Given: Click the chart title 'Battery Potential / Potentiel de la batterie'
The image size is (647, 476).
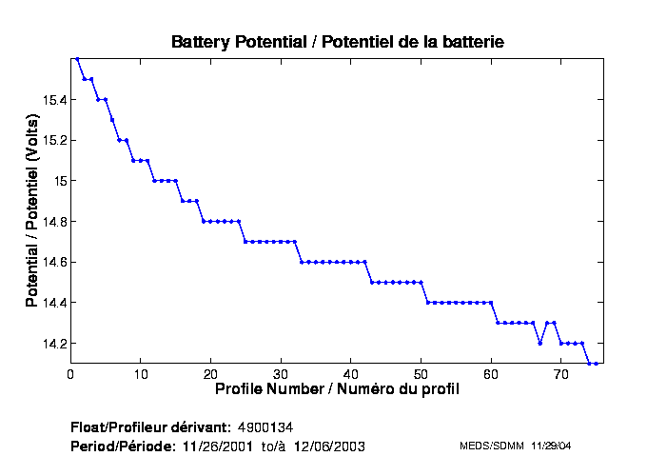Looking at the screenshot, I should pos(338,42).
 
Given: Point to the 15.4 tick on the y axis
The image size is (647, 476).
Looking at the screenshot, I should pos(52,99).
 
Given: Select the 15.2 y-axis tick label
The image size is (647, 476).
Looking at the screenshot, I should pos(52,140).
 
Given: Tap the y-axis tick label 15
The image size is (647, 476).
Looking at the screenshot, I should pos(59,181).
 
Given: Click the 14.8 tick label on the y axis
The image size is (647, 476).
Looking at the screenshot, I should pos(52,221).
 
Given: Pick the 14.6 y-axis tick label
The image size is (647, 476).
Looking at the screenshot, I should pos(52,262).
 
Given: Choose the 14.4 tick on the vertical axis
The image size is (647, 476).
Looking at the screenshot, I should pos(52,303).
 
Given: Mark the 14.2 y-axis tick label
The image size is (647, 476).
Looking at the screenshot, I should pos(52,343).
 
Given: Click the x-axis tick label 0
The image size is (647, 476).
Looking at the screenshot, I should pos(70,373).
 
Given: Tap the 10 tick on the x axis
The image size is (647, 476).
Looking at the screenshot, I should pos(141,373).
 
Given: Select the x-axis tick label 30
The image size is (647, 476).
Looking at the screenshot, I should pos(281,373).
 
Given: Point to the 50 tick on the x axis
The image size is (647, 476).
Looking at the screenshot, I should pos(422,373).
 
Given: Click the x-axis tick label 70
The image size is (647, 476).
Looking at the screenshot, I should pos(561,373).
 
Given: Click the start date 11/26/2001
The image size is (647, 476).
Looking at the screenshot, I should pos(217,446).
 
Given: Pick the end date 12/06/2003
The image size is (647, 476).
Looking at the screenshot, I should pos(329,446).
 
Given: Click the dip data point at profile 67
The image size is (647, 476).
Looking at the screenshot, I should pos(540,343).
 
